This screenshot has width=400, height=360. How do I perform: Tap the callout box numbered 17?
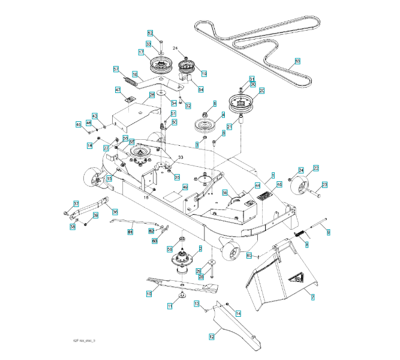[141, 53]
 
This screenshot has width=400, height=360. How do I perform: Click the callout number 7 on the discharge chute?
[312, 296]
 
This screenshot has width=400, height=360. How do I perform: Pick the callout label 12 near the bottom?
[211, 338]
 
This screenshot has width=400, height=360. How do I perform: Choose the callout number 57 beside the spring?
[116, 69]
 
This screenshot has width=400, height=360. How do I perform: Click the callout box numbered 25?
[152, 95]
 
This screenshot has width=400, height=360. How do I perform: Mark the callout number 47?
[118, 90]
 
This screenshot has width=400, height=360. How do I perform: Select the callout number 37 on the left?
[76, 204]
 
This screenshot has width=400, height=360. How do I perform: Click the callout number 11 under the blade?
[169, 306]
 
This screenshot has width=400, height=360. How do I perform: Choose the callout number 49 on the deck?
[185, 187]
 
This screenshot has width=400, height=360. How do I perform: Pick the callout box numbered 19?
[204, 73]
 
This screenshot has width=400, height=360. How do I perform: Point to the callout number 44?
[257, 185]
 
